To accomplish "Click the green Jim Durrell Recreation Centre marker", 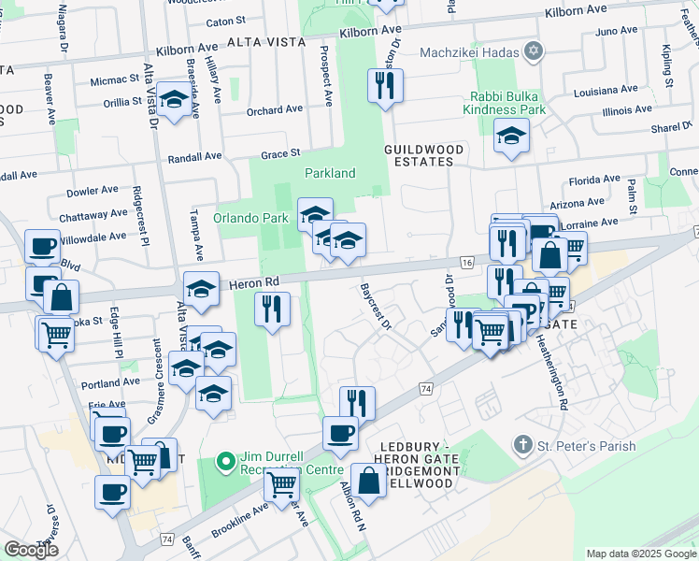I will [225, 462].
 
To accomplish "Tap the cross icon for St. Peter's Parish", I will [525, 446].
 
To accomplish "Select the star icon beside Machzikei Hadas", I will [534, 51].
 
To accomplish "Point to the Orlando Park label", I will [250, 219].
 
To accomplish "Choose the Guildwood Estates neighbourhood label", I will [419, 155].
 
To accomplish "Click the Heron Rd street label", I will [258, 281].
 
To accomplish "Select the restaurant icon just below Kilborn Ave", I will [385, 87].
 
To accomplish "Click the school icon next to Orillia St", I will [173, 101].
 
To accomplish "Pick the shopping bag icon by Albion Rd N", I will [368, 481].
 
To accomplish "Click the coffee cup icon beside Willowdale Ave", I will [42, 246].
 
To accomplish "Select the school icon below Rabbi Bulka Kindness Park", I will [510, 139].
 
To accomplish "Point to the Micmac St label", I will [115, 81].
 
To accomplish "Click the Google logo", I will [31, 550].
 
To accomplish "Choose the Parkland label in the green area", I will [330, 173].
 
